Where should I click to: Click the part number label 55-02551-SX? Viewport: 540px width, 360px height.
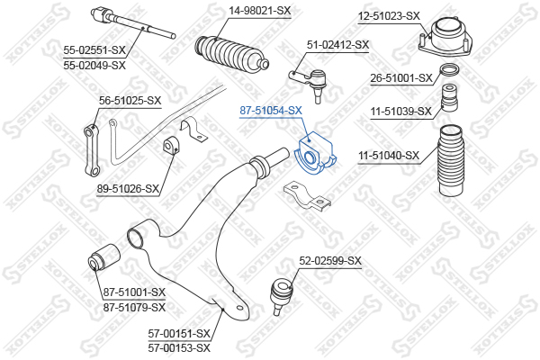point(94,50)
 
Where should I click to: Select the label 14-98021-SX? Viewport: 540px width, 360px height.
point(260,11)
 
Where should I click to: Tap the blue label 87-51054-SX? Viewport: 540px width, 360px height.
point(271,111)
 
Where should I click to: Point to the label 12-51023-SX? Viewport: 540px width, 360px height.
point(389,16)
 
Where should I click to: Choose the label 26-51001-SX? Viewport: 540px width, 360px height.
point(401,78)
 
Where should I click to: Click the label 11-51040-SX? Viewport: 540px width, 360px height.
point(389,156)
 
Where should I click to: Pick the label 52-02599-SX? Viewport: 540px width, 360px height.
point(330,261)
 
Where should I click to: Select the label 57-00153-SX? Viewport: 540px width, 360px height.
point(179,348)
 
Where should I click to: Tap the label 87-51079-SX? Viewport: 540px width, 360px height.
point(134,307)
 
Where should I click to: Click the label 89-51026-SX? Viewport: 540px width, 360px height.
point(128,189)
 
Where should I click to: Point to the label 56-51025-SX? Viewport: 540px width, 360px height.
point(130,101)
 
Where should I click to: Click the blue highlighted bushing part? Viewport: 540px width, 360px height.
point(316,153)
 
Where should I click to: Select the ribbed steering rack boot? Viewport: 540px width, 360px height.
point(231,55)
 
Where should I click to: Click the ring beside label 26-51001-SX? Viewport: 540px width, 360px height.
point(449,70)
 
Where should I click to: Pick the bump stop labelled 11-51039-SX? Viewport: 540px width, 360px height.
point(449,97)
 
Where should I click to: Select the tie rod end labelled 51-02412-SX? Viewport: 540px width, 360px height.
point(310,84)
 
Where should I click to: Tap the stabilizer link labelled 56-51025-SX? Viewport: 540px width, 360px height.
point(93,150)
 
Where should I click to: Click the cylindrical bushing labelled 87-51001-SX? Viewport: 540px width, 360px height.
point(103,257)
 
